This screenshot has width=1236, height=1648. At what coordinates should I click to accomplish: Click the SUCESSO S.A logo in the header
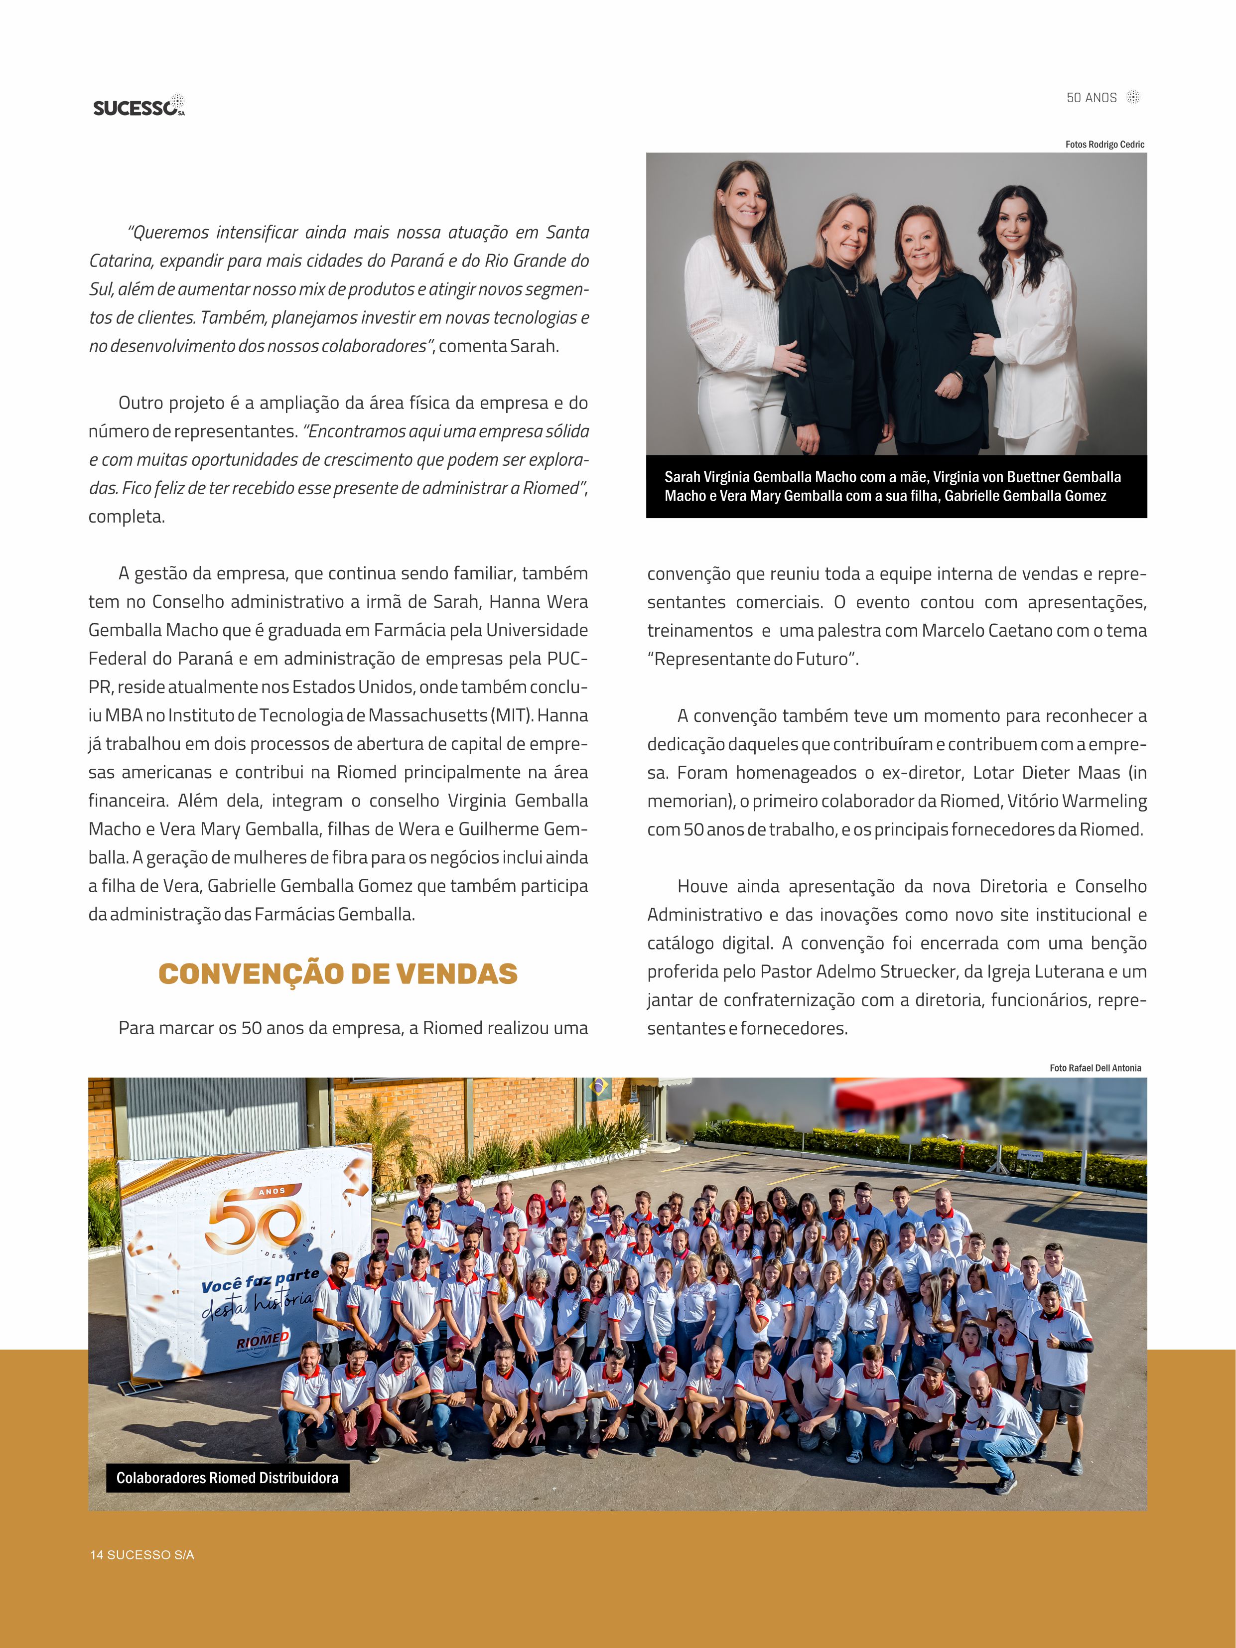(138, 107)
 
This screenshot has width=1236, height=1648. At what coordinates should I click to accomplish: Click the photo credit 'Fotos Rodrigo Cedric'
(1104, 144)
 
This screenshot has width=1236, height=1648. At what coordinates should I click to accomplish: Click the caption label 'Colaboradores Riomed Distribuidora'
(227, 1478)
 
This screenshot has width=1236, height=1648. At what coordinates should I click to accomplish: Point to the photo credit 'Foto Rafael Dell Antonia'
(1095, 1068)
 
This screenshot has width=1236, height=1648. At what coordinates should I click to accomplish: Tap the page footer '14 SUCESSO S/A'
(142, 1555)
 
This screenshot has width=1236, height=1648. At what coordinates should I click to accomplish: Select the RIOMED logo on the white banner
(262, 1340)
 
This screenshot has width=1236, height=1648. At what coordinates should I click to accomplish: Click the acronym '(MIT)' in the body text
(511, 715)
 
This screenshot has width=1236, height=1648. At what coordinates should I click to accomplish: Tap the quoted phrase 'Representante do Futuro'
(752, 659)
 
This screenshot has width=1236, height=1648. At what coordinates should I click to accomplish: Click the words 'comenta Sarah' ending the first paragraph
(498, 346)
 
